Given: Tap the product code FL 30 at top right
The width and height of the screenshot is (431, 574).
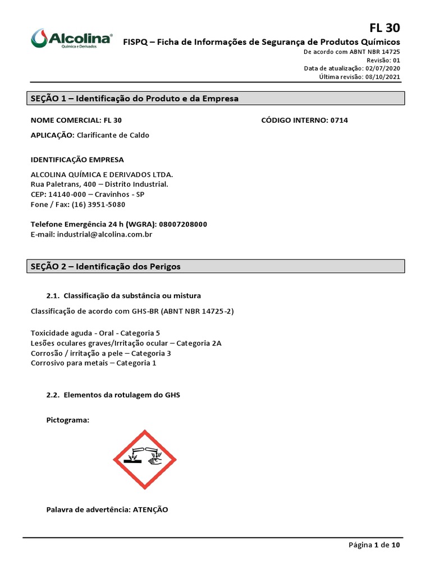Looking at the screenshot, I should (384, 28).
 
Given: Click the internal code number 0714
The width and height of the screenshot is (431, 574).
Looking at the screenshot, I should (338, 121).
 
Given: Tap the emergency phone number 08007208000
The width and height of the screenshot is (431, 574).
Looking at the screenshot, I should (183, 224).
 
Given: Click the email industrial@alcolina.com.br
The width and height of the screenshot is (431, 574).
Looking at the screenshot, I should (104, 234).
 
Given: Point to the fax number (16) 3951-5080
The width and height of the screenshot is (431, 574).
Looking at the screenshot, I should (98, 205).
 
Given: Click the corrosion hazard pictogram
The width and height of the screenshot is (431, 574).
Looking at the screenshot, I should (145, 459).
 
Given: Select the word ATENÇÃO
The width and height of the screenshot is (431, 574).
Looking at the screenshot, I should (150, 510).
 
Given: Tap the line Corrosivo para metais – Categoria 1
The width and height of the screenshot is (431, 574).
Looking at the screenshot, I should (93, 363).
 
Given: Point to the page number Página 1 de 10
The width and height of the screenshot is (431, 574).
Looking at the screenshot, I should (374, 545).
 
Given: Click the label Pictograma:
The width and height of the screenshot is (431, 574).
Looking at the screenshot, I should (68, 420).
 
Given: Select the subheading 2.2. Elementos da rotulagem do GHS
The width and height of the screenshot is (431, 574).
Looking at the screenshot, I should (113, 395).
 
